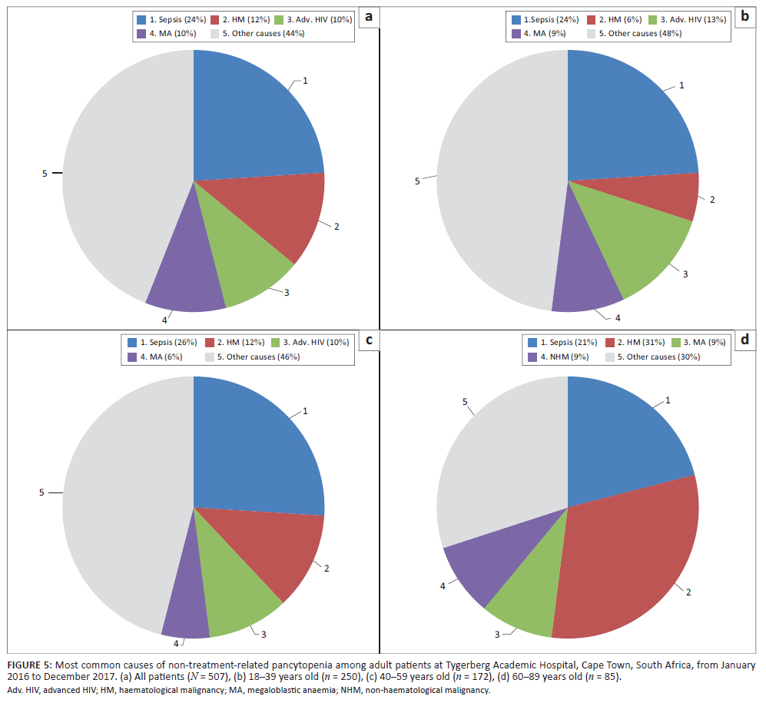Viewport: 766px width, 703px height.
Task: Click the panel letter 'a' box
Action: tap(370, 17)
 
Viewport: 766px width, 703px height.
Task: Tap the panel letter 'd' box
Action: tap(743, 338)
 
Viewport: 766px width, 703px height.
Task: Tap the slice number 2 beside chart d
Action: tap(688, 592)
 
